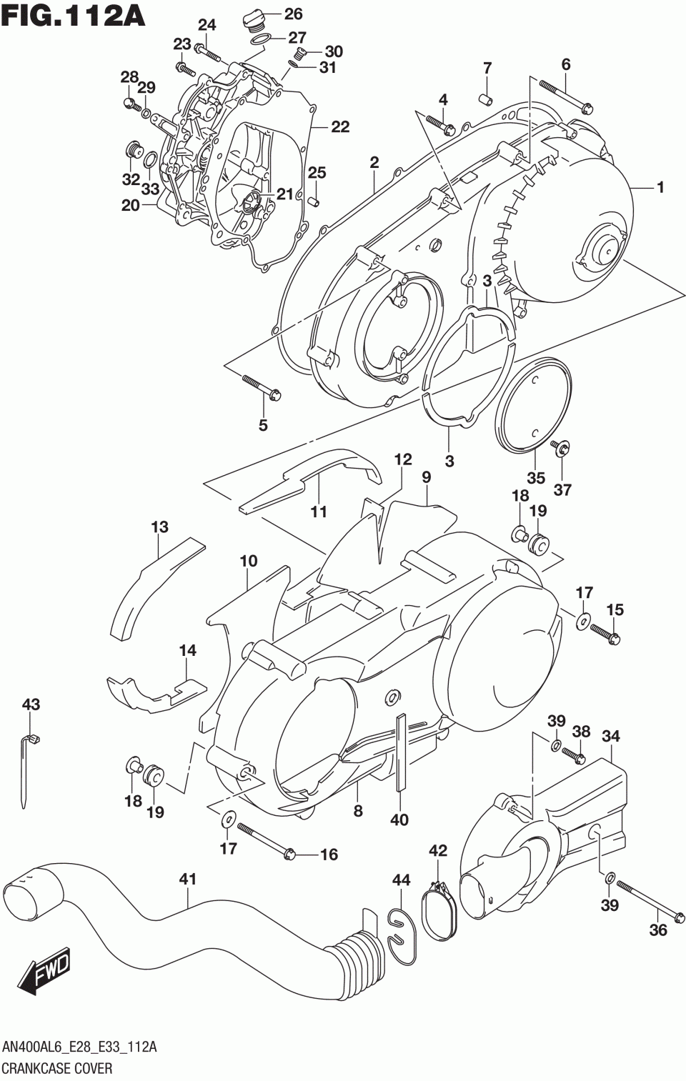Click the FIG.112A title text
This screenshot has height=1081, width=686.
(x=74, y=16)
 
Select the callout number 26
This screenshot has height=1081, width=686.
(x=293, y=14)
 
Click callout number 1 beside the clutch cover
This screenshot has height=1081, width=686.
(x=660, y=187)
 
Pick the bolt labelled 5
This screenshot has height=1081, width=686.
(x=262, y=386)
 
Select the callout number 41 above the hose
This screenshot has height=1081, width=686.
(x=187, y=880)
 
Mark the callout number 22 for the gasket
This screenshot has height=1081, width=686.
(x=339, y=126)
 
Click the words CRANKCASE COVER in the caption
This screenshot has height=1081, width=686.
(x=58, y=1069)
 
